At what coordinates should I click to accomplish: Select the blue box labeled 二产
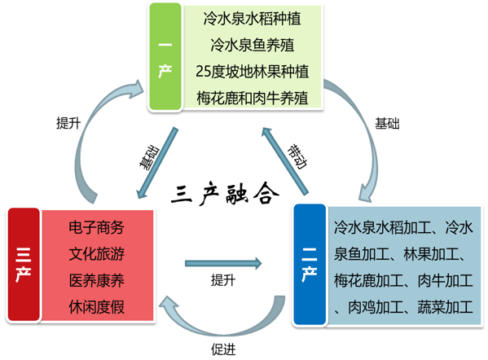309,266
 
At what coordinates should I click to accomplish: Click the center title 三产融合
226,195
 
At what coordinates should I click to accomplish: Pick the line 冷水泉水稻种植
252,15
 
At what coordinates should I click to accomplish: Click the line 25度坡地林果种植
252,71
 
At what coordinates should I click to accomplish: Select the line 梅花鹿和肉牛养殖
252,98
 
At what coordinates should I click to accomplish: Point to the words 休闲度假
97,308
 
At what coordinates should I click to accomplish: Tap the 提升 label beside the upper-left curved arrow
68,124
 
